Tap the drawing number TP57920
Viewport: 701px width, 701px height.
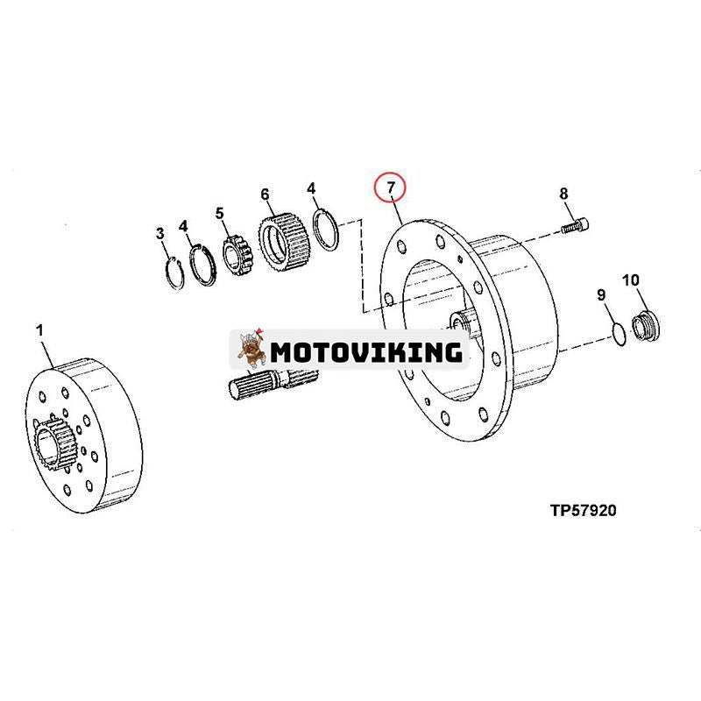tap(583, 510)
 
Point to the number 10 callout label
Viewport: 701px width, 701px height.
tap(631, 280)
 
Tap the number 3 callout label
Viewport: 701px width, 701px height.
tap(159, 233)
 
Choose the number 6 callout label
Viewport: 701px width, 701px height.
tap(265, 194)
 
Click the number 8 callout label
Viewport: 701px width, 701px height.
tap(563, 194)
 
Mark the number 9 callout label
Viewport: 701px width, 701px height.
tap(601, 295)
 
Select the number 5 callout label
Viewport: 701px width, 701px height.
tap(220, 212)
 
